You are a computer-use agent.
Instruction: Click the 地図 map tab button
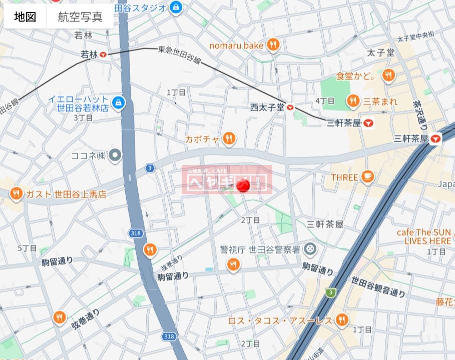click(x=25, y=17)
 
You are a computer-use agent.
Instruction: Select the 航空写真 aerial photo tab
click(x=80, y=17)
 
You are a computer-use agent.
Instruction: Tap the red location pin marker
click(x=243, y=186)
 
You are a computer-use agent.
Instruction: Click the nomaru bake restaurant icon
click(x=273, y=45)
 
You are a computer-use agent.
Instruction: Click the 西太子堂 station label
click(x=267, y=107)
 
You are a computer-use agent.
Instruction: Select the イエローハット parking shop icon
click(x=118, y=103)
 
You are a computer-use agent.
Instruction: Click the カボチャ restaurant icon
click(x=229, y=139)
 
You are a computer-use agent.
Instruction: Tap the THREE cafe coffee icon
click(x=368, y=177)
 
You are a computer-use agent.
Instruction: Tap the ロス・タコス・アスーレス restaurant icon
click(x=342, y=320)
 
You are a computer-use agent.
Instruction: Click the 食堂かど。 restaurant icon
click(x=388, y=76)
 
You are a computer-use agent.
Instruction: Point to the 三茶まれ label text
click(x=380, y=102)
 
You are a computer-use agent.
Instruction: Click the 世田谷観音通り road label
click(x=378, y=286)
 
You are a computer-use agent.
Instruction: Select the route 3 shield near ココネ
click(x=150, y=168)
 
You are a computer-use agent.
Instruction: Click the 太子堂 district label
click(x=381, y=53)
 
